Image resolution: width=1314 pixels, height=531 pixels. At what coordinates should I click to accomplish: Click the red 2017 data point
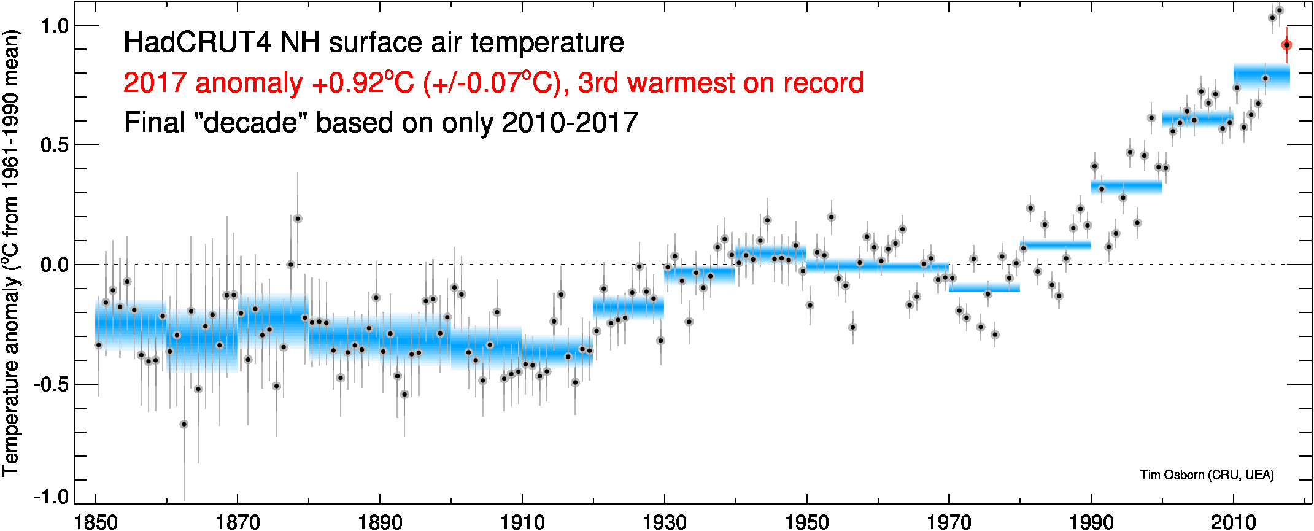[x=1286, y=45]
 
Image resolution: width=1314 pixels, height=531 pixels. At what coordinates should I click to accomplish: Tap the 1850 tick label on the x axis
[x=96, y=522]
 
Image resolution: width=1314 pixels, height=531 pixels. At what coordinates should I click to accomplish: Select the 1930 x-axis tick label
[x=664, y=522]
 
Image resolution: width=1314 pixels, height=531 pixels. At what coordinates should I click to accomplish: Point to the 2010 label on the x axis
[x=1233, y=522]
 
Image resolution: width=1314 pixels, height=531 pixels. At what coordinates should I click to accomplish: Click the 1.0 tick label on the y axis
[x=53, y=26]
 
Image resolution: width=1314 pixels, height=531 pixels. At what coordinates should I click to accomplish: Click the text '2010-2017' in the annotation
[x=570, y=123]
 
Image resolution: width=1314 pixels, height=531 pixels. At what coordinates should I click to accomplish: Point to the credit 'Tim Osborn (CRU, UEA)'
[x=1207, y=475]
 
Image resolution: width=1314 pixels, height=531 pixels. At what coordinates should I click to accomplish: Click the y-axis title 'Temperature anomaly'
[x=11, y=362]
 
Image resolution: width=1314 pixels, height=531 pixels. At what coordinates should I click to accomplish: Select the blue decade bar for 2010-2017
[x=1261, y=77]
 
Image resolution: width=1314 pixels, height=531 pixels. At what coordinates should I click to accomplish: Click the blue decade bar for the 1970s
[x=984, y=287]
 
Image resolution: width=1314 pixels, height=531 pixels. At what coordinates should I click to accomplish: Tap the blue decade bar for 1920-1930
[x=628, y=307]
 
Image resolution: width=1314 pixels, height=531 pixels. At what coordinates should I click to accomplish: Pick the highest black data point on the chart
[x=1279, y=10]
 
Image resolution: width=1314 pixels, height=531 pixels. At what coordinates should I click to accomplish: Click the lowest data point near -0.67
[x=184, y=424]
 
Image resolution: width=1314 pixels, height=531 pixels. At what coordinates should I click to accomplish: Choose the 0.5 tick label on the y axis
[x=53, y=145]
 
